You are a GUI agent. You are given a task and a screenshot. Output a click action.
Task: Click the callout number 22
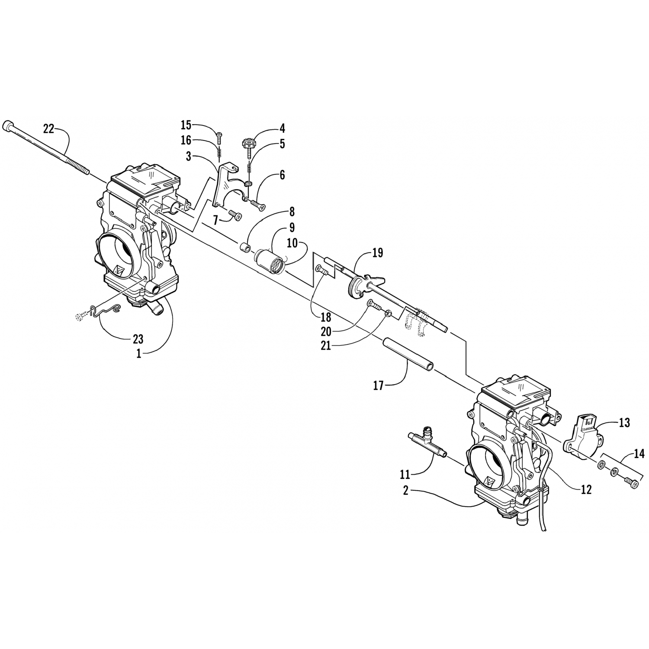coord(49,128)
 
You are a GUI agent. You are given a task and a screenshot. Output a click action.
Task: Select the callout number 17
coord(379,386)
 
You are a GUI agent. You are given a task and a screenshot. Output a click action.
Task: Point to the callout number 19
coord(378,253)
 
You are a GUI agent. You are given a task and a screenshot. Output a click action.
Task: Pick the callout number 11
coord(405,475)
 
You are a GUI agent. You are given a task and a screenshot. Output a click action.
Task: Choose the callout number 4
coord(282,129)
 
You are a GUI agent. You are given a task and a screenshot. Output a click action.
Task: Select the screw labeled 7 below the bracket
coord(236,215)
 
